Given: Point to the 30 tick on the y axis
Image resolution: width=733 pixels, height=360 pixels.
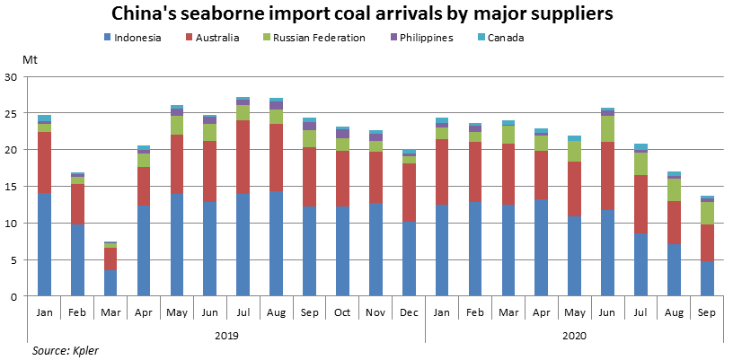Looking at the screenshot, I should pyautogui.click(x=12, y=77).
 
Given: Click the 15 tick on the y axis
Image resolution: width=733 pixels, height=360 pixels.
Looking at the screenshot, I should pyautogui.click(x=12, y=187).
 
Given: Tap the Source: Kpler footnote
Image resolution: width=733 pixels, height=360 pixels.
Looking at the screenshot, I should pyautogui.click(x=65, y=350).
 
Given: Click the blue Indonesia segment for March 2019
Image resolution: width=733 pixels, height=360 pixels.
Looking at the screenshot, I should pyautogui.click(x=110, y=283).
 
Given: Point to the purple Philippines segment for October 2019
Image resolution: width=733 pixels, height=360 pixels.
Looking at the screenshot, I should pyautogui.click(x=342, y=133).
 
